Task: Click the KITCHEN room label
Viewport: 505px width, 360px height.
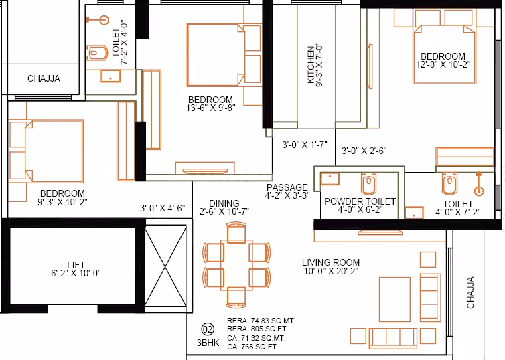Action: tap(311, 65)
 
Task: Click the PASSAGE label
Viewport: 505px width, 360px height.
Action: tap(287, 187)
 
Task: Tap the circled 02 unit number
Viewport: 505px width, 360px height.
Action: tap(208, 329)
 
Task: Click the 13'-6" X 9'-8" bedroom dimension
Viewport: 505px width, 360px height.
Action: tap(210, 109)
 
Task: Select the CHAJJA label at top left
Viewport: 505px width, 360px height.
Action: tap(44, 78)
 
